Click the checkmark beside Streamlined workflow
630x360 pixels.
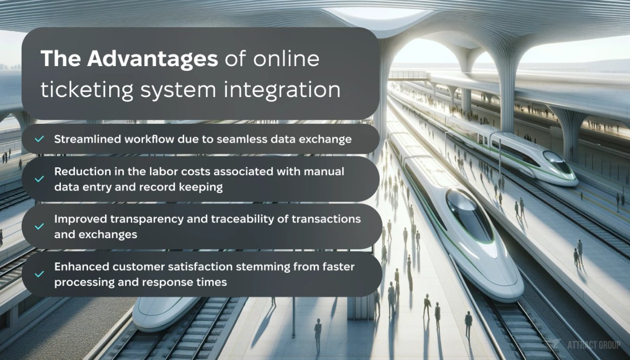[39, 139]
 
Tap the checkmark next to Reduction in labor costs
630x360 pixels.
[39, 179]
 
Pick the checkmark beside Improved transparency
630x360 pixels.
[39, 227]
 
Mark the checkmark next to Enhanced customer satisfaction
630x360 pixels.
[39, 274]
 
